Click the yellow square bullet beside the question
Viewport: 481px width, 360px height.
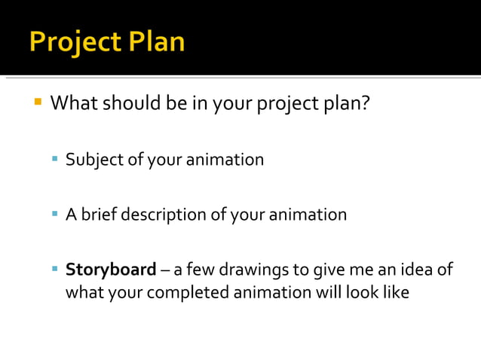click(37, 100)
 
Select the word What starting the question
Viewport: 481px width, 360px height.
click(74, 102)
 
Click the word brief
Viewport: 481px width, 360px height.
click(98, 215)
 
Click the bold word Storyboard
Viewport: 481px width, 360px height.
click(111, 270)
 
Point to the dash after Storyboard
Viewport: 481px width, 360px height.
click(165, 270)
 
